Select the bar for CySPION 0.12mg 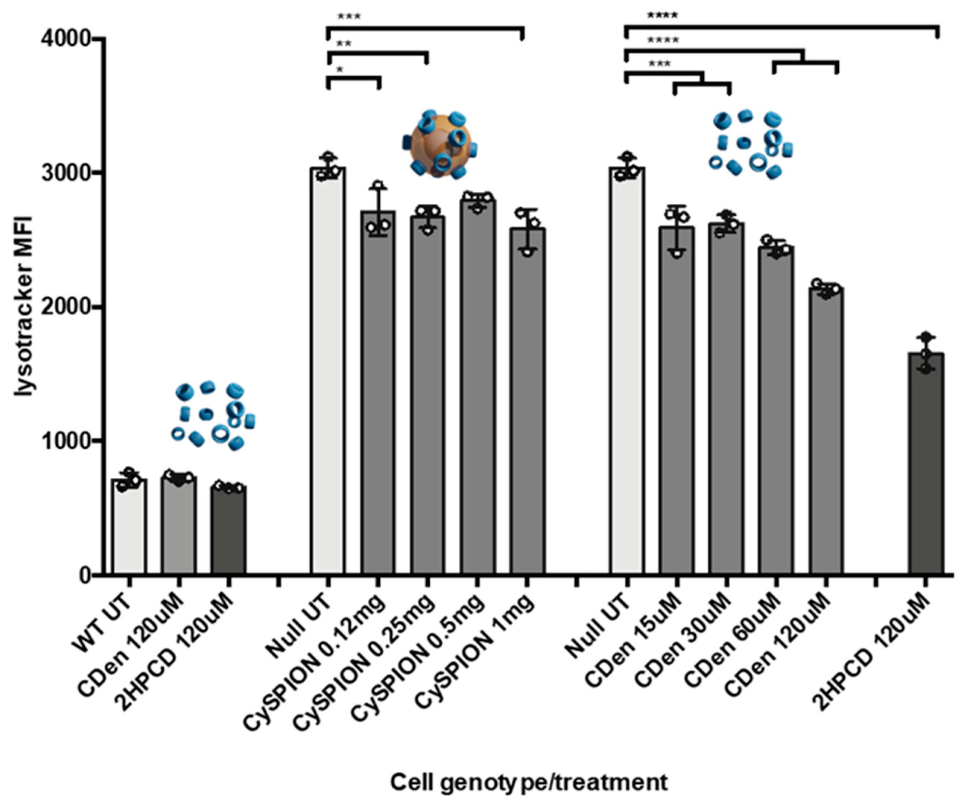pyautogui.click(x=378, y=393)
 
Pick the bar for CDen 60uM pyautogui.click(x=776, y=411)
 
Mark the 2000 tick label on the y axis pyautogui.click(x=65, y=307)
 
